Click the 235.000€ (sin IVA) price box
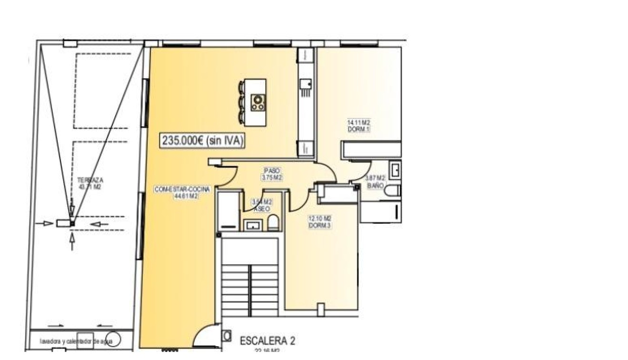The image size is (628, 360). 203,140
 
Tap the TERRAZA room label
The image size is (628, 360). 90,180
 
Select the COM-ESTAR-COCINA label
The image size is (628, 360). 176,190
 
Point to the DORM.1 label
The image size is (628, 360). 359,130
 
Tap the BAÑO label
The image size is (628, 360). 375,185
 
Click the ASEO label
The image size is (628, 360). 261,209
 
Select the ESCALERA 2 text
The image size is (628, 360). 267,341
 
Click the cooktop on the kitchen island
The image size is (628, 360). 258,101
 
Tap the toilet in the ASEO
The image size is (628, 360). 273,223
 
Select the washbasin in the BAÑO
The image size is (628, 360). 395,170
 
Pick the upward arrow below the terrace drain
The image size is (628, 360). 72,241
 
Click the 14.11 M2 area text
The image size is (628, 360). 359,122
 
